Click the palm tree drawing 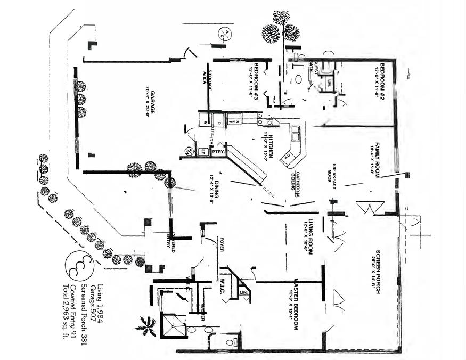pyautogui.click(x=146, y=326)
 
